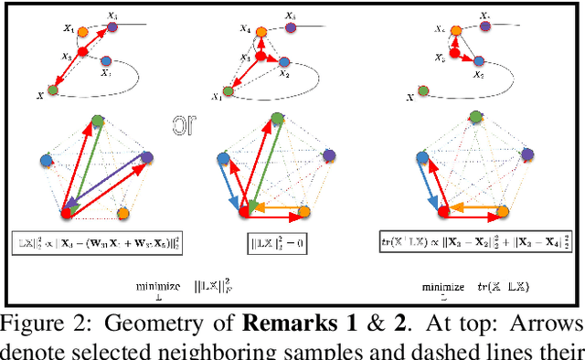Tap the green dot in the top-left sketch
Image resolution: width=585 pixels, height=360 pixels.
point(52,90)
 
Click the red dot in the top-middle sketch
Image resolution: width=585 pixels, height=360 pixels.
point(260,57)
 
